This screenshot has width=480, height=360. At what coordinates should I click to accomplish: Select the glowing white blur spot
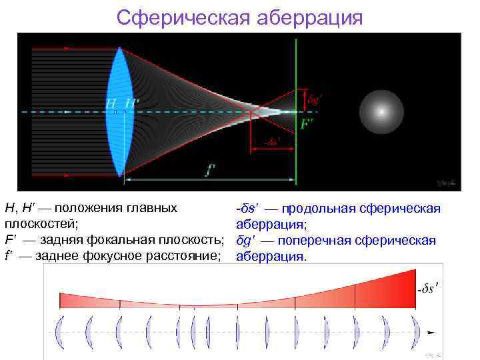[382, 112]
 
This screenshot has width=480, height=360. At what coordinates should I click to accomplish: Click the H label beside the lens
[110, 103]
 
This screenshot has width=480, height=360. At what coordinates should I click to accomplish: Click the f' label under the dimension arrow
[210, 169]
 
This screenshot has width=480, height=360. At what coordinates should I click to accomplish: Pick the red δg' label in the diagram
[315, 98]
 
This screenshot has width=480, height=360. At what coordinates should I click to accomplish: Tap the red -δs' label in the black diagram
[271, 141]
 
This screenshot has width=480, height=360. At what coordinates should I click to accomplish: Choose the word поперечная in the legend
[326, 240]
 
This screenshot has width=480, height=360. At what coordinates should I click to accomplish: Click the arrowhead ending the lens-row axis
[432, 331]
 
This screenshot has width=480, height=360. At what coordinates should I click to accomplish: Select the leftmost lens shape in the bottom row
[61, 331]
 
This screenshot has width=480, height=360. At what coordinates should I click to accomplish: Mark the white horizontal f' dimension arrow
[210, 180]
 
